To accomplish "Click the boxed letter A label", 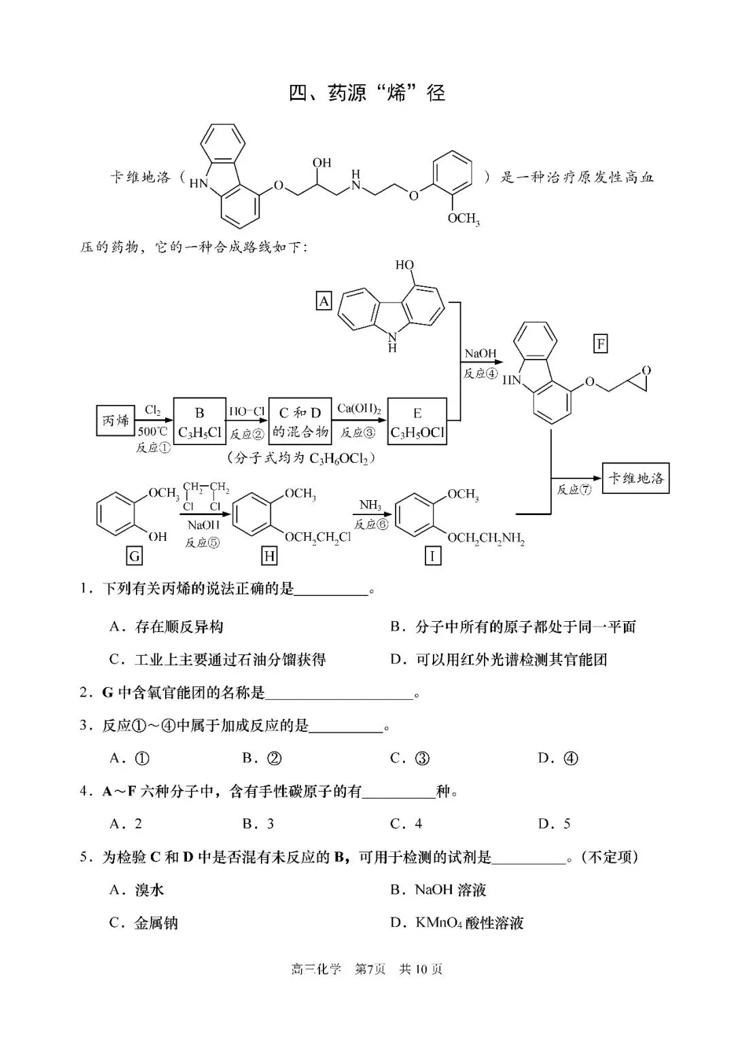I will tap(324, 300).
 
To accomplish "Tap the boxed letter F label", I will tap(601, 344).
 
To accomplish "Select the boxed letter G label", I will tap(135, 557).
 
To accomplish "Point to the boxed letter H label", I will tap(270, 557).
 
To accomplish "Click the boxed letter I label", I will tap(432, 557).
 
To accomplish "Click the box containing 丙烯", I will tap(115, 421).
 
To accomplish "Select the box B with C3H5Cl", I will tap(200, 421).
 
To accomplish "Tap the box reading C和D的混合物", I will tap(300, 421).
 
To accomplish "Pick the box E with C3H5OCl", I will tap(417, 422).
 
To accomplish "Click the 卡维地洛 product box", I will tap(635, 478).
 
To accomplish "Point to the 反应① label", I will tap(153, 448).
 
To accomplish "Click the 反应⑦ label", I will tap(574, 489).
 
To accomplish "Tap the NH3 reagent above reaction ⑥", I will tap(370, 506).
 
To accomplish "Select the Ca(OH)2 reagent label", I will tap(359, 409).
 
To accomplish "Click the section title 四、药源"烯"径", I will tap(367, 92).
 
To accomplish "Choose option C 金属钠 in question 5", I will tap(144, 923).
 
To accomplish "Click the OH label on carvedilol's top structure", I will tap(321, 163).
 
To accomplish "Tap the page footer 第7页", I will tap(370, 969).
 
